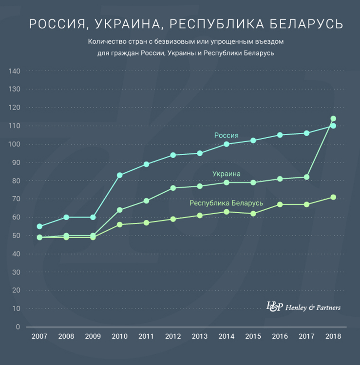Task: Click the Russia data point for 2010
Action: [119, 175]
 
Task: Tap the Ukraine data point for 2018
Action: [333, 119]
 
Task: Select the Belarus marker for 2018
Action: [333, 197]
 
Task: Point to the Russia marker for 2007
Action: [39, 226]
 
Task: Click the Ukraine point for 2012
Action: [173, 188]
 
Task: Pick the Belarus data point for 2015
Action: [253, 214]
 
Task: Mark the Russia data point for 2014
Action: [226, 144]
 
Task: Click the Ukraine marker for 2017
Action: [306, 177]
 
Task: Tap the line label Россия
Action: [226, 135]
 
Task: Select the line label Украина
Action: [226, 174]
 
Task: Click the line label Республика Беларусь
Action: [226, 203]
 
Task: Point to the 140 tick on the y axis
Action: [14, 71]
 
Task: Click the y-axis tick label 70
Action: [16, 199]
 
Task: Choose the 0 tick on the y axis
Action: [18, 327]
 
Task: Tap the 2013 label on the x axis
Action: [200, 336]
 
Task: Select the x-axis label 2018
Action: [333, 336]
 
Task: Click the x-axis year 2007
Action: [39, 336]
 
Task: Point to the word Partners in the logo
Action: [326, 308]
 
